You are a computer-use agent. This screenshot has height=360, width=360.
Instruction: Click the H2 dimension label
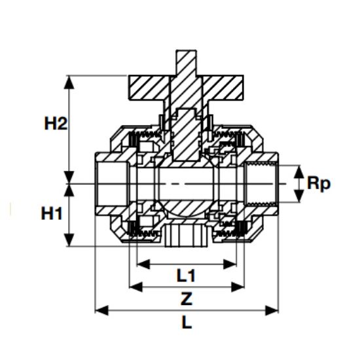(x=56, y=123)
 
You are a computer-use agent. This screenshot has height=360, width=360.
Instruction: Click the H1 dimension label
(x=53, y=213)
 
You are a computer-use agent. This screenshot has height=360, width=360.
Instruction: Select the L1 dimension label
(x=187, y=276)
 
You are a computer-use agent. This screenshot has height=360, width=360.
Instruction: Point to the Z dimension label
(x=187, y=299)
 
